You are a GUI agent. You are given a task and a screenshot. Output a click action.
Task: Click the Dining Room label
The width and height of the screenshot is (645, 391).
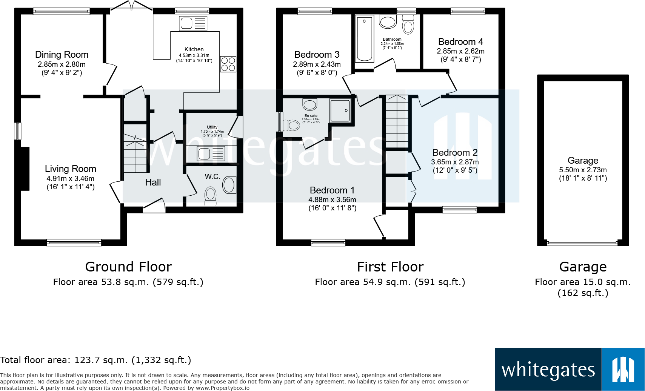point(62,55)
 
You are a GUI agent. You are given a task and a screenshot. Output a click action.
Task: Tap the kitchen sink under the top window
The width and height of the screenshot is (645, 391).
point(193,23)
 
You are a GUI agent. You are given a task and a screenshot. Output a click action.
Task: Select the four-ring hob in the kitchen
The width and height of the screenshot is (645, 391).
point(228,64)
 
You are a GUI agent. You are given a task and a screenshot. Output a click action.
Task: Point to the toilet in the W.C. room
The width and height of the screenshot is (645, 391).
point(210,197)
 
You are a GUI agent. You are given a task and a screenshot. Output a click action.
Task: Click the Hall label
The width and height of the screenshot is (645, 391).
point(153,182)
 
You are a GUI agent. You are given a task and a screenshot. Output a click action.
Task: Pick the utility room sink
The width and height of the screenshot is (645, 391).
point(211,154)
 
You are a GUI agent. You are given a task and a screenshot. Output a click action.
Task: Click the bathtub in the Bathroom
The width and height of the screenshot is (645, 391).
point(365,38)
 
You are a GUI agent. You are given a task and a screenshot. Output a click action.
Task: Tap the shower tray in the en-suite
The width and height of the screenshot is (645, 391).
point(340,110)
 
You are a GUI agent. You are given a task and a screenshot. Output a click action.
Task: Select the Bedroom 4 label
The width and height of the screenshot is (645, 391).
point(460,42)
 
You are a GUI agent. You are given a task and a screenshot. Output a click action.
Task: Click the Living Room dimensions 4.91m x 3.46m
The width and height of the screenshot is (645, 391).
point(71,178)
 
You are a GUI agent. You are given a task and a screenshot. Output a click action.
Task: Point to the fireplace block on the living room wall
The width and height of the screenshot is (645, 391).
point(25,168)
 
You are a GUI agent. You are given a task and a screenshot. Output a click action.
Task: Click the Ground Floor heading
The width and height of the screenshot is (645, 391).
point(128,267)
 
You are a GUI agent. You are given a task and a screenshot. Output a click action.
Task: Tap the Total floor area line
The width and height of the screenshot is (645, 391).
point(95,360)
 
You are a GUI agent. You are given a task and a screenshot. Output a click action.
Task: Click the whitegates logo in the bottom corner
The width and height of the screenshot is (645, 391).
point(569,369)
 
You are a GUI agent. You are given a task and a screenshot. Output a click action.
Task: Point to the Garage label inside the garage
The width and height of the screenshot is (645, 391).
point(583,161)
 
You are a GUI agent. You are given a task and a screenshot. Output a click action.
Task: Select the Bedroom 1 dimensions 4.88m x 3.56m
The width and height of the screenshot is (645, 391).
point(332,200)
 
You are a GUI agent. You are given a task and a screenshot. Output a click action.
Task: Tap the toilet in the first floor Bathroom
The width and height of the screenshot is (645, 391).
point(408,25)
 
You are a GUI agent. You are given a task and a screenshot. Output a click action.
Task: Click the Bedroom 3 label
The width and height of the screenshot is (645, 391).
point(317,55)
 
